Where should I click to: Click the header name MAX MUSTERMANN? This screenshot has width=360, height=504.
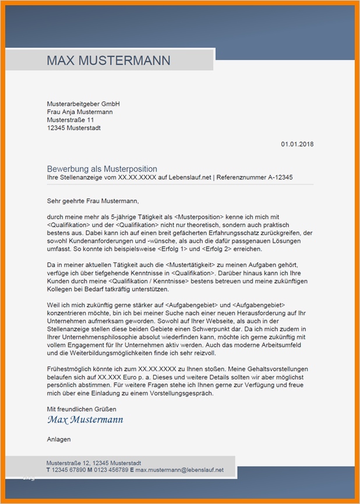click(x=108, y=61)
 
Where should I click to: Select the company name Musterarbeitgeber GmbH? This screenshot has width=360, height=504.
click(x=83, y=104)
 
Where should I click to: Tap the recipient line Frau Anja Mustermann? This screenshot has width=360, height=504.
click(x=80, y=112)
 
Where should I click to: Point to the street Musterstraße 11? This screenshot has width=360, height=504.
click(x=70, y=120)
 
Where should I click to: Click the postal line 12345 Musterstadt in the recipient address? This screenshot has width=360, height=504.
click(x=73, y=128)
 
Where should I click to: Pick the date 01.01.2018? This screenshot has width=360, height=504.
click(x=297, y=144)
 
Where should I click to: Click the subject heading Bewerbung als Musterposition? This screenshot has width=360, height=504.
click(x=102, y=169)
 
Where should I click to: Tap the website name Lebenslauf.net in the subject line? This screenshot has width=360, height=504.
click(x=190, y=178)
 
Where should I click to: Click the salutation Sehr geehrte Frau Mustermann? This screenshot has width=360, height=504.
click(x=93, y=201)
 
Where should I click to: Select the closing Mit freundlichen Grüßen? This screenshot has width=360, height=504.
click(x=82, y=409)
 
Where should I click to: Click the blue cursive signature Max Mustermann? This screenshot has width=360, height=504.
click(x=85, y=420)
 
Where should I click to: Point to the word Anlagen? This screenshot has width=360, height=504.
click(x=59, y=439)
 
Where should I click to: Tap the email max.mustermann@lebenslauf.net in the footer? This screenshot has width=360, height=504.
click(x=179, y=470)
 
